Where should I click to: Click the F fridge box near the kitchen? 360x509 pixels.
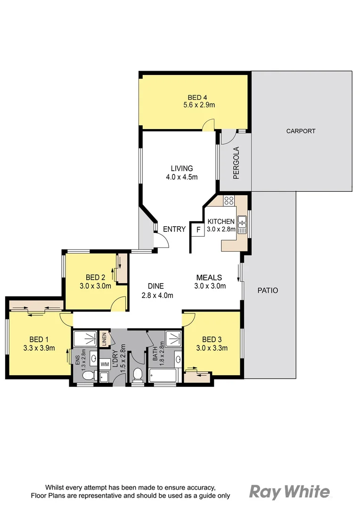click(198, 230)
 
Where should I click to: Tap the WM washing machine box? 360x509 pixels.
click(104, 364)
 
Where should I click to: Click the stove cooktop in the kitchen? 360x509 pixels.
click(229, 200)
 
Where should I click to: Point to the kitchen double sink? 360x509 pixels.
click(242, 224)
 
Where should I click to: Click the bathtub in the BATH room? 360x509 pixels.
click(163, 376)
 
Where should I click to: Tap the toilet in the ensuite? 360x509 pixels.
click(98, 375)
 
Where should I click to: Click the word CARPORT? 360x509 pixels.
click(301, 131)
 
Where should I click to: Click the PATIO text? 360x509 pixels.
click(268, 290)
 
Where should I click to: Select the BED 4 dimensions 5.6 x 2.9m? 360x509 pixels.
click(199, 105)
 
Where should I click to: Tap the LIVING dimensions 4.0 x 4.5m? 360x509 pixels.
click(181, 177)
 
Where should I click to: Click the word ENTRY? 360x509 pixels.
click(174, 229)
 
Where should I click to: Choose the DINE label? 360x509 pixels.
click(155, 286)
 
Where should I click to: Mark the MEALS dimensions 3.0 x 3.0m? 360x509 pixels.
click(210, 286)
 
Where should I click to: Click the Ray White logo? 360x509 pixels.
click(289, 492)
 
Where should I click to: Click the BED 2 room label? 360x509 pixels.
click(95, 277)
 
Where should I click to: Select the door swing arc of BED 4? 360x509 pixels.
click(208, 125)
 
